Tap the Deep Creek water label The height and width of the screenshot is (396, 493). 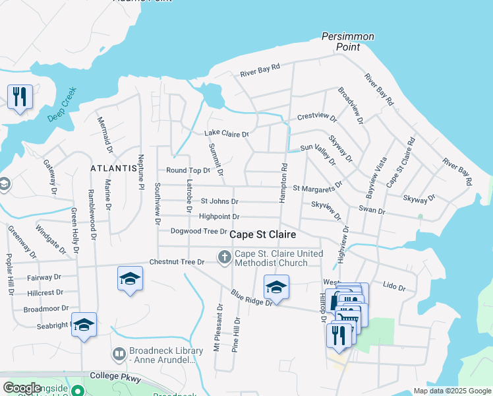point(63,105)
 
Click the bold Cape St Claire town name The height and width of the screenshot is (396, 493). point(262,235)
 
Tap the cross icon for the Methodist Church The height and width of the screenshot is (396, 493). point(225,257)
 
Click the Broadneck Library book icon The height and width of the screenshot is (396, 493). point(119,354)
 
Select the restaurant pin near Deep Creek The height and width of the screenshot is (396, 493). point(20,97)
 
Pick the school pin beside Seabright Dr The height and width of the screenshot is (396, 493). point(84,325)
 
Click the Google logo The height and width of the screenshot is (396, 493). point(22,388)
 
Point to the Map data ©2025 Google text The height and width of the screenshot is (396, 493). point(451,391)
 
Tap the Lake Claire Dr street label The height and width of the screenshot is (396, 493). point(227,134)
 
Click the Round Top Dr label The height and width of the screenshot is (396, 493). point(188,170)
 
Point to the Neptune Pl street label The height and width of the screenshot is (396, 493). point(140,173)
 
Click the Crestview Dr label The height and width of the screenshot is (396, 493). point(317,117)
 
